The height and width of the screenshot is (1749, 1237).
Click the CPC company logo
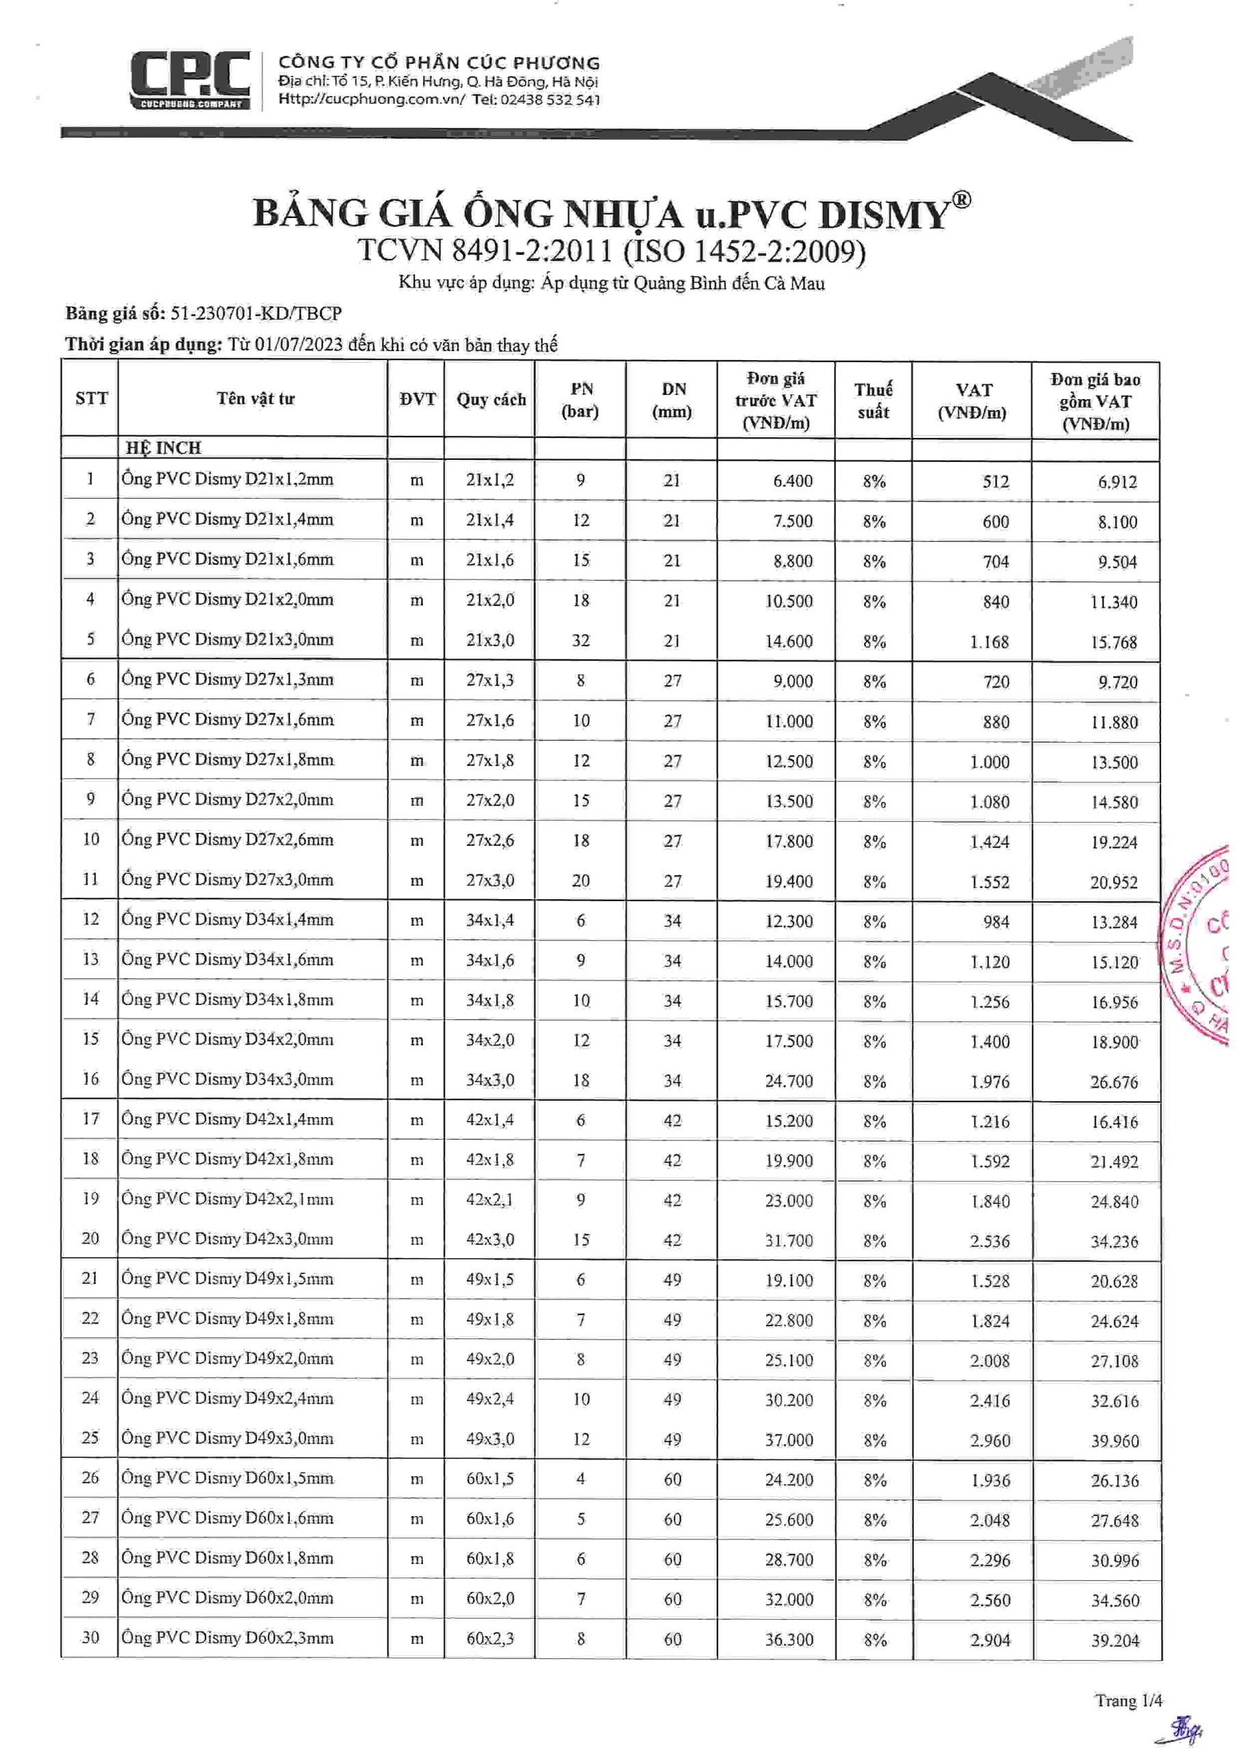pyautogui.click(x=190, y=80)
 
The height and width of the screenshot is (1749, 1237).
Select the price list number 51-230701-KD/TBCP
pyautogui.click(x=256, y=313)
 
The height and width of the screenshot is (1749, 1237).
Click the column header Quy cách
pyautogui.click(x=491, y=400)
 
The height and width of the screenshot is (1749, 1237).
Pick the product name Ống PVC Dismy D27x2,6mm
pyautogui.click(x=227, y=840)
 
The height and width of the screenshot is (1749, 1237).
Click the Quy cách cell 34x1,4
pyautogui.click(x=490, y=920)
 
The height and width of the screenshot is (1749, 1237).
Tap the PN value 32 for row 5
pyautogui.click(x=581, y=641)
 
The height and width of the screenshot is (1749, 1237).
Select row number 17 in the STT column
pyautogui.click(x=91, y=1119)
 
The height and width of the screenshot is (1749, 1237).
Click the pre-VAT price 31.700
pyautogui.click(x=789, y=1241)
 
